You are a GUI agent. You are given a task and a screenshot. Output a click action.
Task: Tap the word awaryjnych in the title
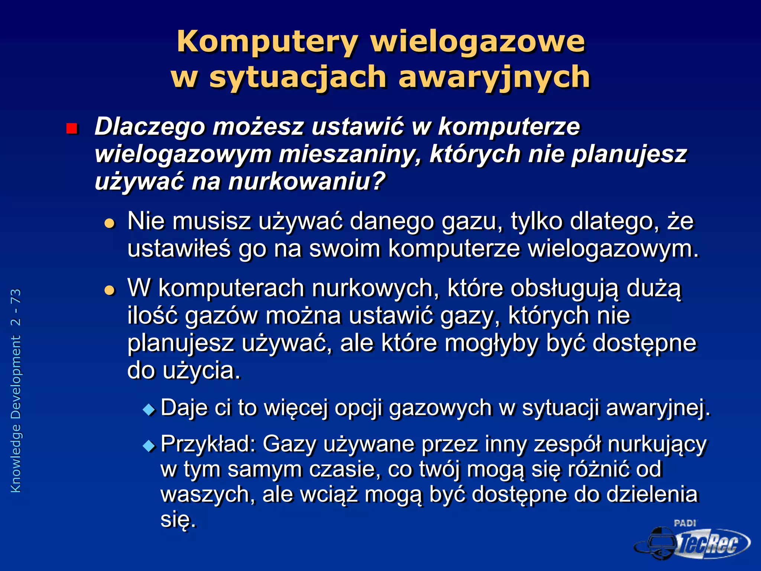[494, 77]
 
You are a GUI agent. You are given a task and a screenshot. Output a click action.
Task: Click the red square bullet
[71, 129]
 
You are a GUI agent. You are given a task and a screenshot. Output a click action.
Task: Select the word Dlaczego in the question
[150, 127]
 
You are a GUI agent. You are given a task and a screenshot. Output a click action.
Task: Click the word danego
[392, 222]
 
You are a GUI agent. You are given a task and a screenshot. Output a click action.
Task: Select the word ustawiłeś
[178, 249]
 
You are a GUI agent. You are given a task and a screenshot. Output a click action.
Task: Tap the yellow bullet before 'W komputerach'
[110, 290]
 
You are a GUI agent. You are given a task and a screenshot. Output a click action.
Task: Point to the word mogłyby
[491, 343]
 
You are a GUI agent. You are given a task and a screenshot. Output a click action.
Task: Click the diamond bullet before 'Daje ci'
[149, 410]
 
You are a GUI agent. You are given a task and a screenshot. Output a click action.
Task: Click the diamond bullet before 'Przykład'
[149, 445]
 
